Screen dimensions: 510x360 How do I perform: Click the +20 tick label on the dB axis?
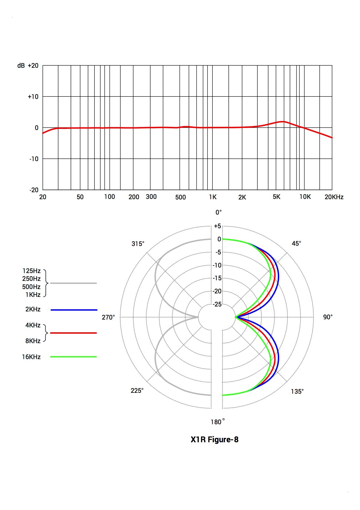point(33,66)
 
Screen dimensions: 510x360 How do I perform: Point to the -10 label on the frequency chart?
point(34,159)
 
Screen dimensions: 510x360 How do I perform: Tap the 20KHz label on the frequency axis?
point(334,197)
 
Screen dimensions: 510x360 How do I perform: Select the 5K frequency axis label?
point(276,197)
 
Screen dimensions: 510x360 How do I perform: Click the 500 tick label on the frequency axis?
point(180,197)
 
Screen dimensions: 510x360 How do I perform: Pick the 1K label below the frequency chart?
point(213,197)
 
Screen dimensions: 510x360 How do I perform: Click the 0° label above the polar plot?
point(218,213)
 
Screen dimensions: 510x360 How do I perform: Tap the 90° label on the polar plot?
point(328,317)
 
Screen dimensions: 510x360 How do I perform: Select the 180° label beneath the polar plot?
point(218,422)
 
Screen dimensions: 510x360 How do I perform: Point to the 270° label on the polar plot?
point(108,318)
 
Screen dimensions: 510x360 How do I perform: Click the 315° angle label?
point(138,244)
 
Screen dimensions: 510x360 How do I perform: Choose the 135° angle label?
point(297,392)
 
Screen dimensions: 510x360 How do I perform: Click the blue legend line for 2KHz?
point(74,310)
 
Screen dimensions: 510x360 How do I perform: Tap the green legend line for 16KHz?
point(74,357)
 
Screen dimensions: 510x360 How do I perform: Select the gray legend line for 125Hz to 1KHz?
point(73,283)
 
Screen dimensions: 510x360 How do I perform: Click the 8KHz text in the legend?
point(33,341)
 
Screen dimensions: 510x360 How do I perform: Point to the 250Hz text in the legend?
point(31,279)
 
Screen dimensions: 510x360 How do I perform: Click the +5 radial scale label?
point(217,226)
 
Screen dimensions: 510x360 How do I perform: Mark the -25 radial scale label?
point(217,304)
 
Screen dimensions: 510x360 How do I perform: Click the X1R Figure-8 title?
point(214,439)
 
